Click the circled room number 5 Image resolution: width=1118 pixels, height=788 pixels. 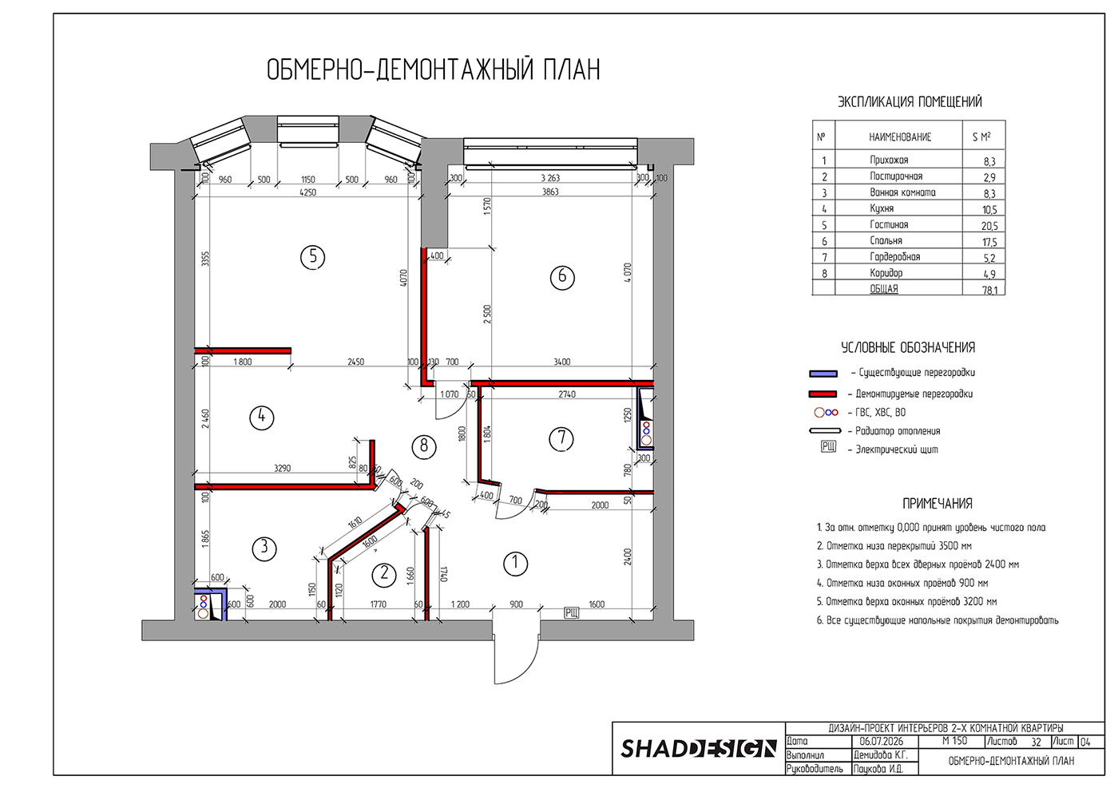pos(313,257)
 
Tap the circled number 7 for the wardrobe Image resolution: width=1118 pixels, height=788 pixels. pos(561,439)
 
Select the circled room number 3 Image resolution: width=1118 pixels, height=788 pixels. pos(264,548)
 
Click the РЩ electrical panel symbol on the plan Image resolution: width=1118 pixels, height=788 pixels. pos(572,612)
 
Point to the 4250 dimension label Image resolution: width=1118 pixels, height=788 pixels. pos(308,192)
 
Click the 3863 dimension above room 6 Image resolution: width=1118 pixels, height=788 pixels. pos(550,192)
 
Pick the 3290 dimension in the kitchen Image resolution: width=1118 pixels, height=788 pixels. pos(283,468)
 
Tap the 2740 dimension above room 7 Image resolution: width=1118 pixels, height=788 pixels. pos(567,394)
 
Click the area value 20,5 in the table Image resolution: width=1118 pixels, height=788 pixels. pos(989,226)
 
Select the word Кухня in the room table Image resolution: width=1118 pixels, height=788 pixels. pos(882,208)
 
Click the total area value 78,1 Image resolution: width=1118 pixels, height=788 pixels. pos(989,290)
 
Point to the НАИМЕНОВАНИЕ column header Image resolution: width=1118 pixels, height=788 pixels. pos(900,137)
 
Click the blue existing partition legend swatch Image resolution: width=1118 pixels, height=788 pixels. pos(823,374)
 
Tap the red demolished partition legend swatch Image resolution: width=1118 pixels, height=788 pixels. pos(823,394)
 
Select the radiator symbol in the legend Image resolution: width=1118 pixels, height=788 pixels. pos(825,430)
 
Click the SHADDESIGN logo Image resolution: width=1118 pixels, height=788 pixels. pos(699,749)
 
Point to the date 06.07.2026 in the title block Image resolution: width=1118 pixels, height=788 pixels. pos(882,742)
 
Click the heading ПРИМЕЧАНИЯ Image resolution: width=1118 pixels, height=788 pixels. pos(938,504)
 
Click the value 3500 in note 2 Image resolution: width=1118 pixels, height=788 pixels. pos(949,546)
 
